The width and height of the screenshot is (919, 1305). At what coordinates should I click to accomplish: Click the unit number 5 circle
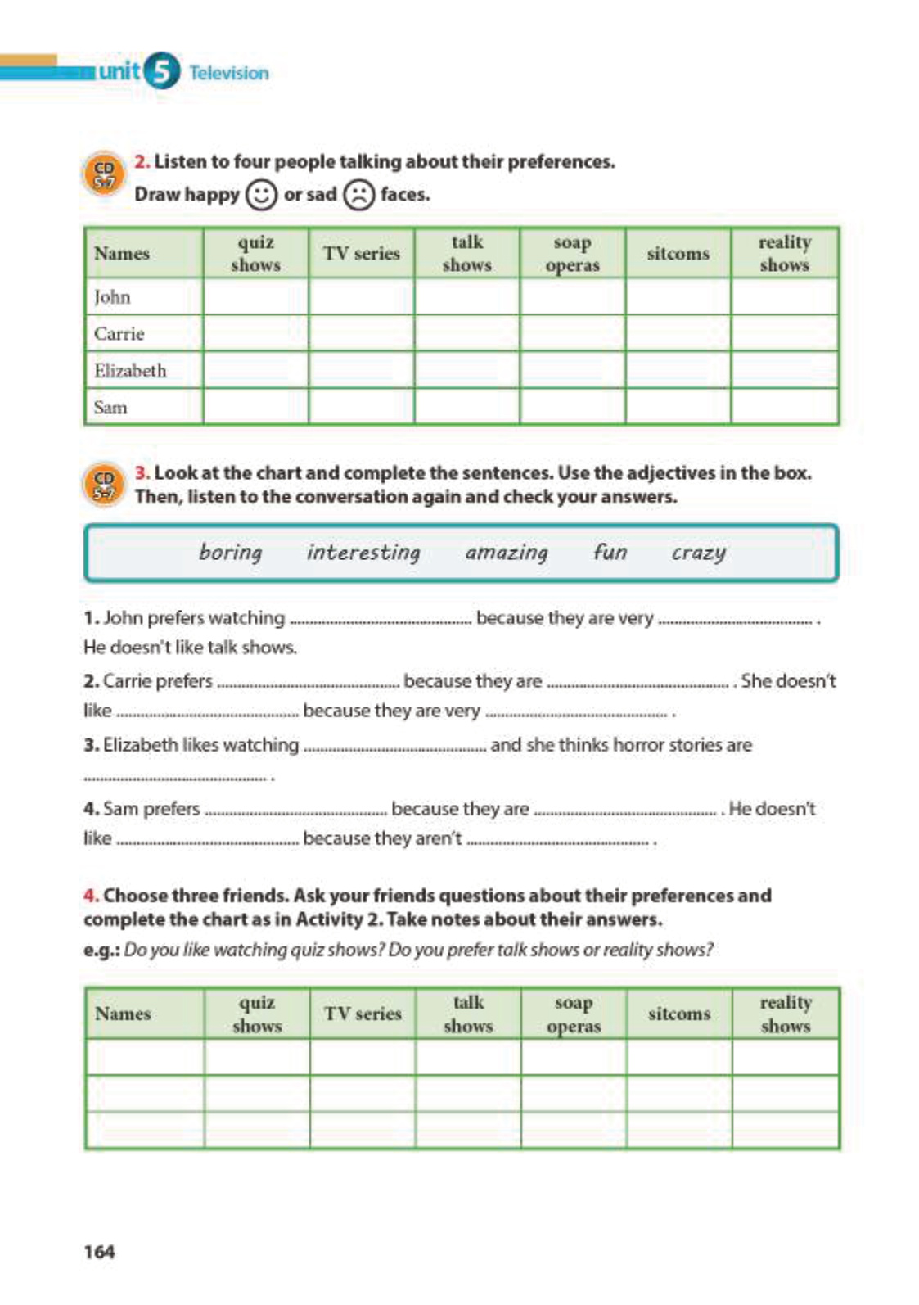(x=162, y=71)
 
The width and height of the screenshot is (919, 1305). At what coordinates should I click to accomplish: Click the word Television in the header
(x=229, y=73)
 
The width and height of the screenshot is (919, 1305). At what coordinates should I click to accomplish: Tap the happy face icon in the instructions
(x=261, y=195)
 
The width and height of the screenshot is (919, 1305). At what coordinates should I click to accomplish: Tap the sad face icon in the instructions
(x=358, y=195)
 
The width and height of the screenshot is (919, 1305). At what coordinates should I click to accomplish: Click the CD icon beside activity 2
(x=104, y=174)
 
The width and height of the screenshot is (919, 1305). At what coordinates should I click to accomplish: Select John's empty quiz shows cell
(x=255, y=297)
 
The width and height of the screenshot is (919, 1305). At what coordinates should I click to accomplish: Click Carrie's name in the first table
(x=119, y=334)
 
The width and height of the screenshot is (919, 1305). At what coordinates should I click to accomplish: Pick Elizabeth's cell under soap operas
(x=572, y=370)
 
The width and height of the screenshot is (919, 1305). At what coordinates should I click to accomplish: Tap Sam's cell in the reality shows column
(x=784, y=407)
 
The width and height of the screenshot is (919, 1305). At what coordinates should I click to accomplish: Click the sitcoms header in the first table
(x=678, y=254)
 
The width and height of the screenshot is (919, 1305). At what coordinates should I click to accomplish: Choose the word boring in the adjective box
(x=231, y=553)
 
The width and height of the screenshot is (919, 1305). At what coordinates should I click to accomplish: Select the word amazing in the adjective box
(x=507, y=553)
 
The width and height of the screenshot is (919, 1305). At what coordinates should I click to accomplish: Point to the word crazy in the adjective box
(x=698, y=553)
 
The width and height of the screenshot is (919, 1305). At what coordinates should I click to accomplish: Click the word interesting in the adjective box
(x=363, y=553)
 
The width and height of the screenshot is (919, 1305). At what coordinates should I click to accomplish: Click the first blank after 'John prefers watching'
(x=381, y=621)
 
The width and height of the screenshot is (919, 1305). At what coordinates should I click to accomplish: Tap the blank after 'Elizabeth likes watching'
(x=394, y=747)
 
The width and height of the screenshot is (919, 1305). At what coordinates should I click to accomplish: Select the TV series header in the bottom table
(x=363, y=1014)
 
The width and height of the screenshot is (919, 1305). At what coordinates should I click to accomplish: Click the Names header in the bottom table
(x=123, y=1014)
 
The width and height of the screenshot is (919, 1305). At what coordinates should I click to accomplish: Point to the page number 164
(x=99, y=1251)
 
